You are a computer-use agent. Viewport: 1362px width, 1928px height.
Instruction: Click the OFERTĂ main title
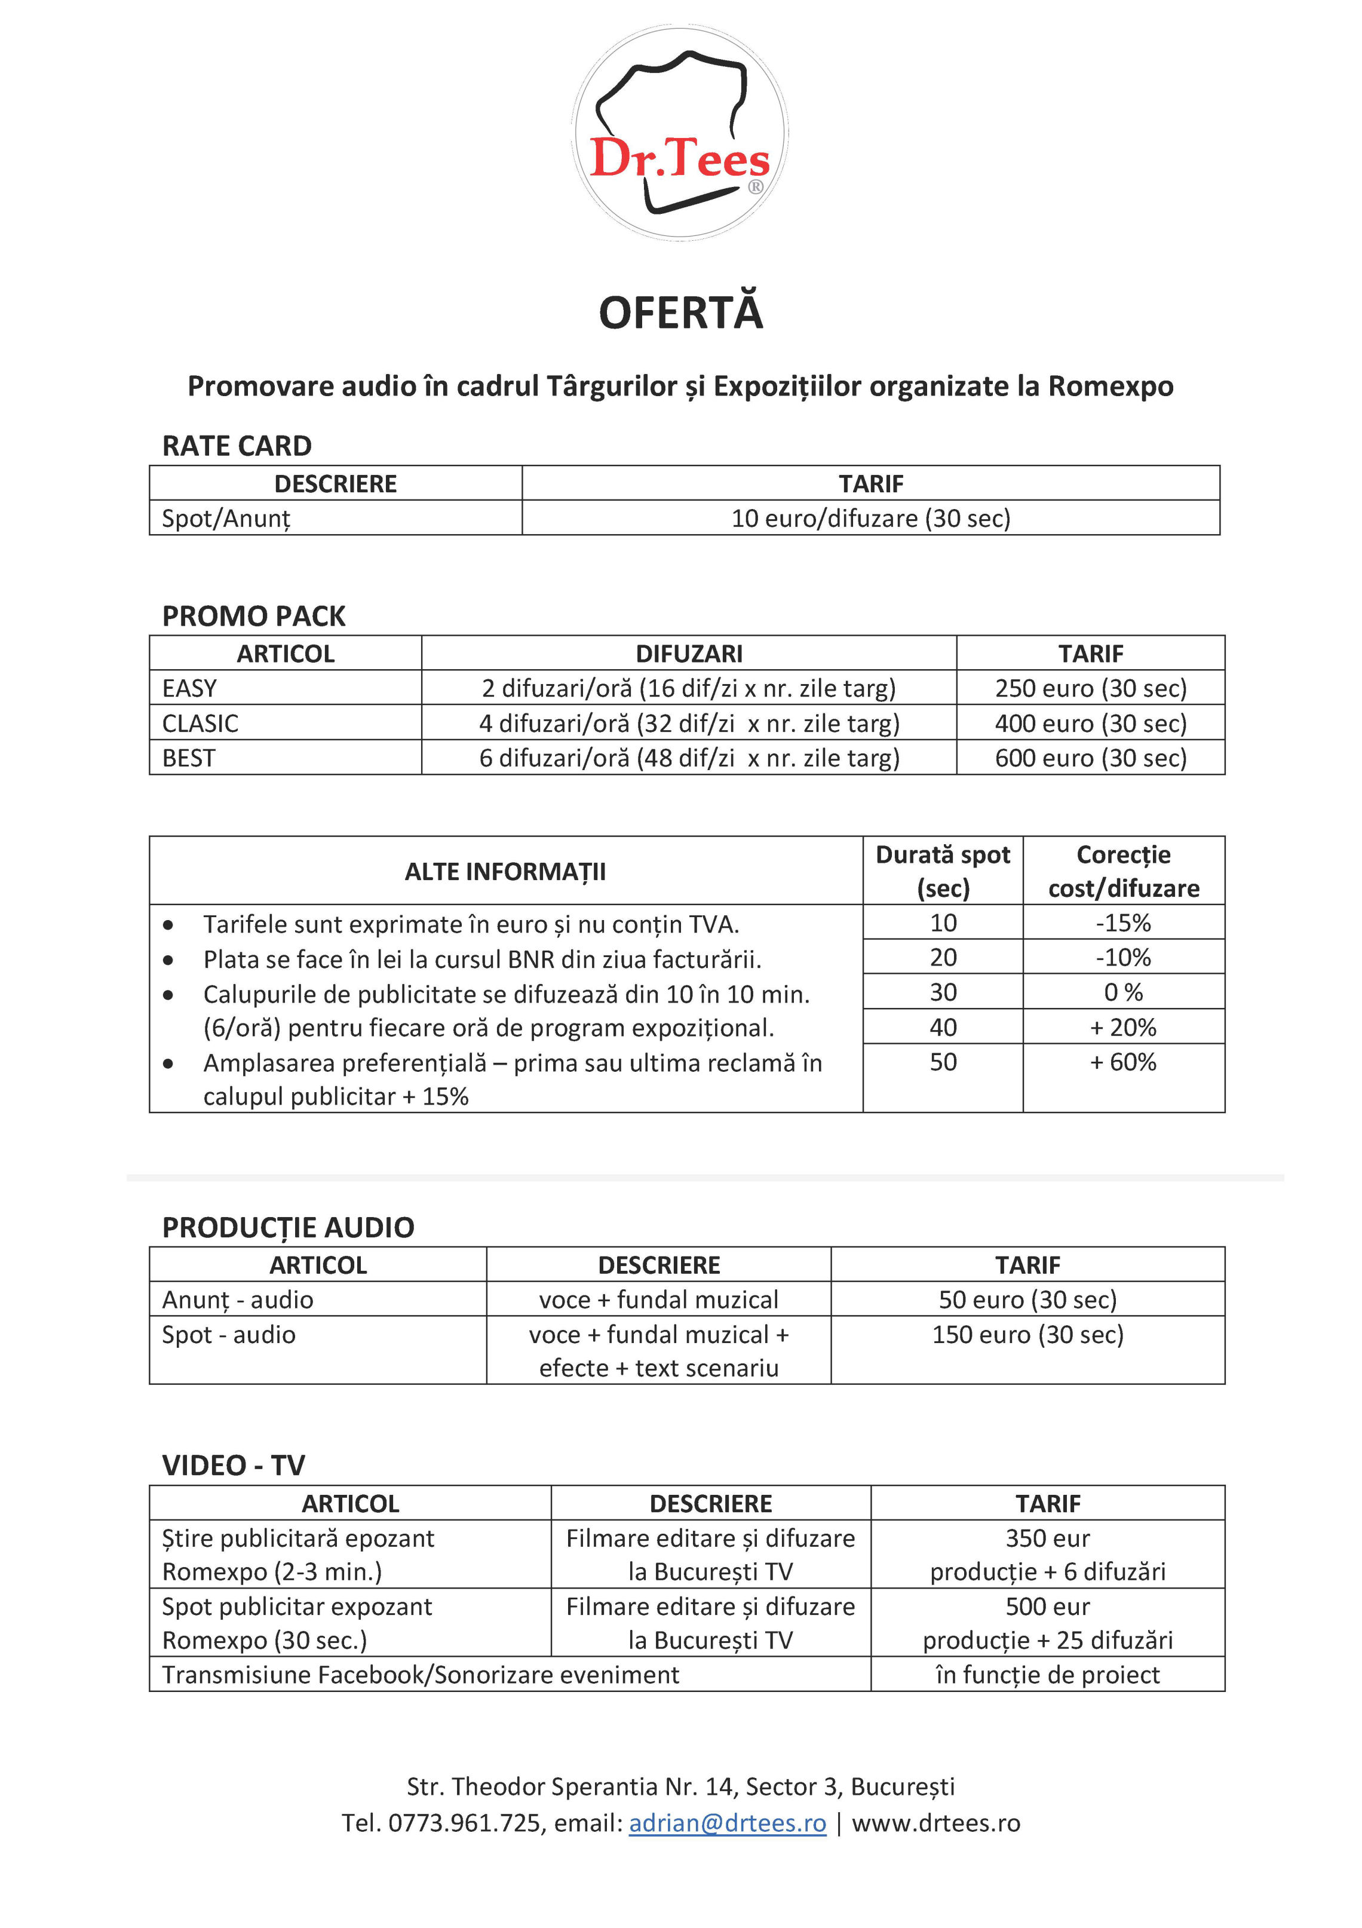680,312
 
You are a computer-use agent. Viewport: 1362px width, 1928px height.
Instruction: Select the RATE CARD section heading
237,446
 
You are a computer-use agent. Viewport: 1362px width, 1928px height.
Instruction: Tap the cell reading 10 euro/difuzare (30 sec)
871,518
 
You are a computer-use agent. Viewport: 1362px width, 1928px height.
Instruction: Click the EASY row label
190,688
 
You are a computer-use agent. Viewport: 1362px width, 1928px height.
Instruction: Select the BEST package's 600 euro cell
1090,758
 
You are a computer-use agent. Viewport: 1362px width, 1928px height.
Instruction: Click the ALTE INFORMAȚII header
505,872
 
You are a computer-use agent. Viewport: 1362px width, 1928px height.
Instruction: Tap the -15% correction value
1122,923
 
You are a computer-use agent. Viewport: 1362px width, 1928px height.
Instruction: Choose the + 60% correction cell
1122,1062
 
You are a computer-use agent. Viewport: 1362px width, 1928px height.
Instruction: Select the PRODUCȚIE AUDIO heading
288,1228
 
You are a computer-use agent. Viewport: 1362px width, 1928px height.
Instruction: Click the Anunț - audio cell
238,1300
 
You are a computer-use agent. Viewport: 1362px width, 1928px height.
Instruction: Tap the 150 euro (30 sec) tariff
1027,1334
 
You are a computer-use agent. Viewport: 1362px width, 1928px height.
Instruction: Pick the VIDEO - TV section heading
234,1466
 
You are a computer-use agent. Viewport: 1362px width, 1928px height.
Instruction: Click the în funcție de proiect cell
1047,1675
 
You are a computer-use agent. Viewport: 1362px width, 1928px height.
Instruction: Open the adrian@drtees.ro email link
727,1823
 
